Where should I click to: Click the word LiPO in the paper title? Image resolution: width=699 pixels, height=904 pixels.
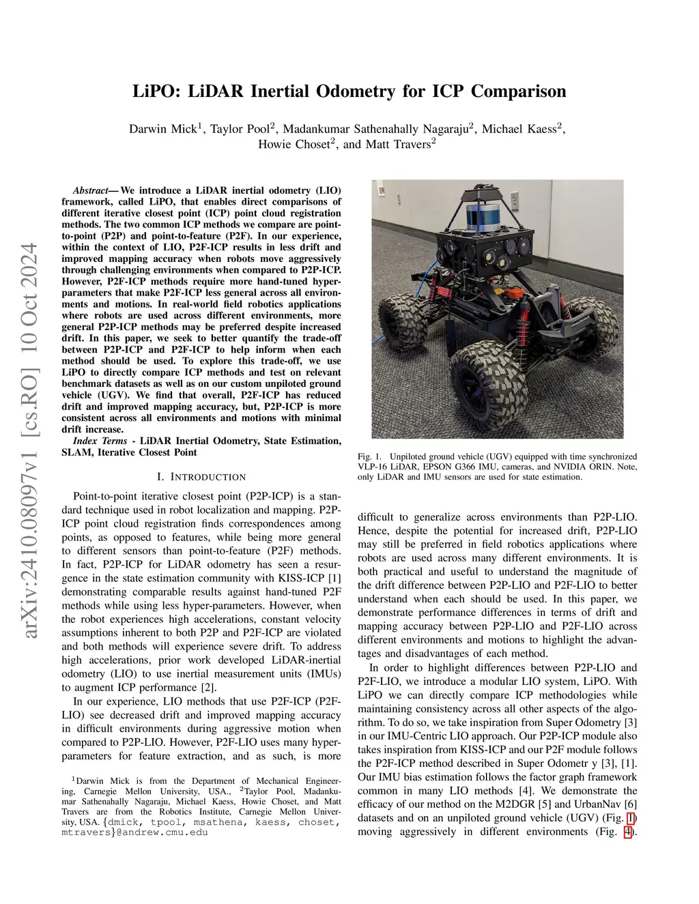click(154, 91)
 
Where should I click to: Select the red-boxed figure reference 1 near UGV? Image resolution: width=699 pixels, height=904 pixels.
click(631, 818)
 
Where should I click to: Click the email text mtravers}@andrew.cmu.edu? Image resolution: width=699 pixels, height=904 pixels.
click(134, 832)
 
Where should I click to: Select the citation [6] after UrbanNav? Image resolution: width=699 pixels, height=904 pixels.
click(630, 804)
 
